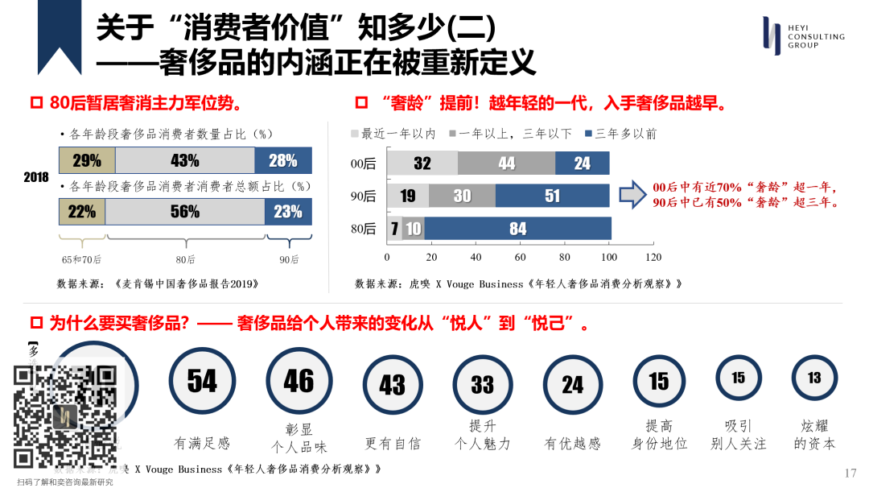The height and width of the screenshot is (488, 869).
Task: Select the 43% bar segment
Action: [185, 160]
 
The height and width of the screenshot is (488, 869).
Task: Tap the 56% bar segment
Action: [185, 211]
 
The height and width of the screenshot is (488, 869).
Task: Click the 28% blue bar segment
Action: [283, 160]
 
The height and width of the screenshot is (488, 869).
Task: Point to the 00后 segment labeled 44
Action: [506, 163]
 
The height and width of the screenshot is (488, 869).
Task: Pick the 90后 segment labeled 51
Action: [552, 196]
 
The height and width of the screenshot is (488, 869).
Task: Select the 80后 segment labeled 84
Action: [517, 229]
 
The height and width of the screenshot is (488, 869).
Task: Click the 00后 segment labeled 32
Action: [422, 163]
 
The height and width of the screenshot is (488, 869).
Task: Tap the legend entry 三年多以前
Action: [621, 134]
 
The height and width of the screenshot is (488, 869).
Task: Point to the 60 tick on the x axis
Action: [521, 258]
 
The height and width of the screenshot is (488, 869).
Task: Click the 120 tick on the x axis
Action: [653, 258]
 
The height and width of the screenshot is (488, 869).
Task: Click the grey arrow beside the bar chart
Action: [632, 194]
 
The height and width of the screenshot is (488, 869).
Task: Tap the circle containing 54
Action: [202, 382]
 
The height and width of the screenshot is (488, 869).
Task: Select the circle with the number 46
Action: [299, 382]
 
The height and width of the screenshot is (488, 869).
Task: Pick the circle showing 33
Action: [482, 384]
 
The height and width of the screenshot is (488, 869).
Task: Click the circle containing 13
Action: [814, 378]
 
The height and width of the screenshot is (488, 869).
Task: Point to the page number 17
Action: [850, 473]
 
